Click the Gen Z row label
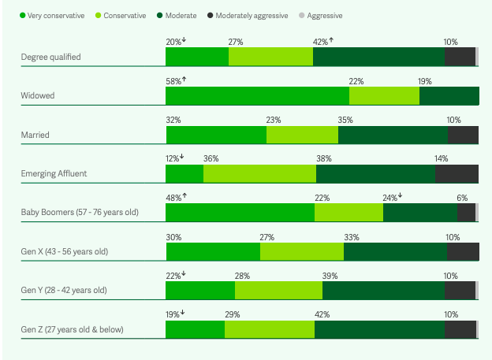click(72, 329)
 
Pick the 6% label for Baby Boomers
click(462, 198)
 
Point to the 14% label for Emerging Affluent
click(441, 158)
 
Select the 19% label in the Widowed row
click(425, 81)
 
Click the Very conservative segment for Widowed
click(257, 95)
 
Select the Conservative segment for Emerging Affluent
click(259, 173)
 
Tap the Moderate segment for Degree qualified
click(378, 57)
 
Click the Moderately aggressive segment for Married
click(463, 135)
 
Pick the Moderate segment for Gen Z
click(379, 329)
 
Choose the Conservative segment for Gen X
click(302, 251)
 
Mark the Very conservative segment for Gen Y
click(200, 291)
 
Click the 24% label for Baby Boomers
click(389, 198)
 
